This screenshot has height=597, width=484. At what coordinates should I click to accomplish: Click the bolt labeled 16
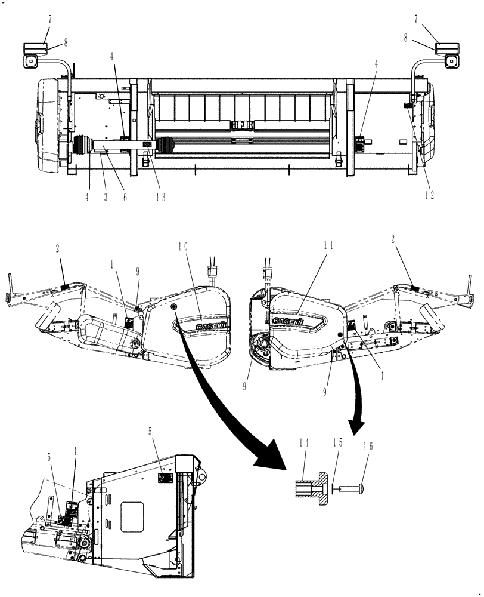[352, 488]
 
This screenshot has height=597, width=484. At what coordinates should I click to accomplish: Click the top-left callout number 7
[50, 19]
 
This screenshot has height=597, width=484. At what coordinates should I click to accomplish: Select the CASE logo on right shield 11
[288, 321]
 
